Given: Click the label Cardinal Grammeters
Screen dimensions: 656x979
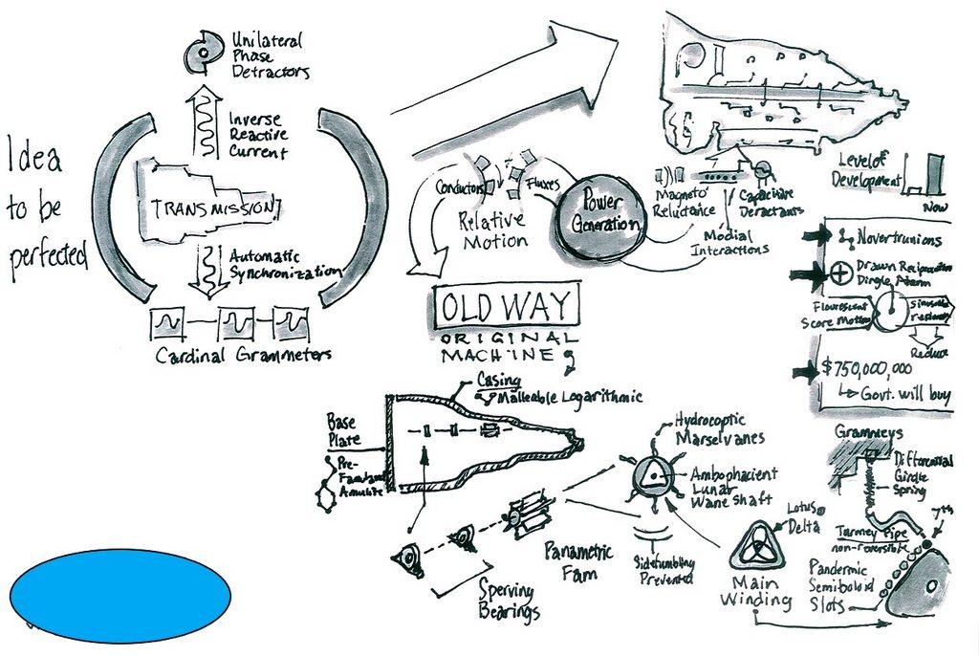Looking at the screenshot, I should click(243, 356).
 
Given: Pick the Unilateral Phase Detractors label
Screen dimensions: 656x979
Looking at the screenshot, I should click(268, 55).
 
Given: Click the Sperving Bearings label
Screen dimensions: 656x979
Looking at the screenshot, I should click(508, 600).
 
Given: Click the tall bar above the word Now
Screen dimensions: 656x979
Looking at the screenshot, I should click(934, 175).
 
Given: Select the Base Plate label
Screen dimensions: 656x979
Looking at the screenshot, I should click(346, 430).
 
